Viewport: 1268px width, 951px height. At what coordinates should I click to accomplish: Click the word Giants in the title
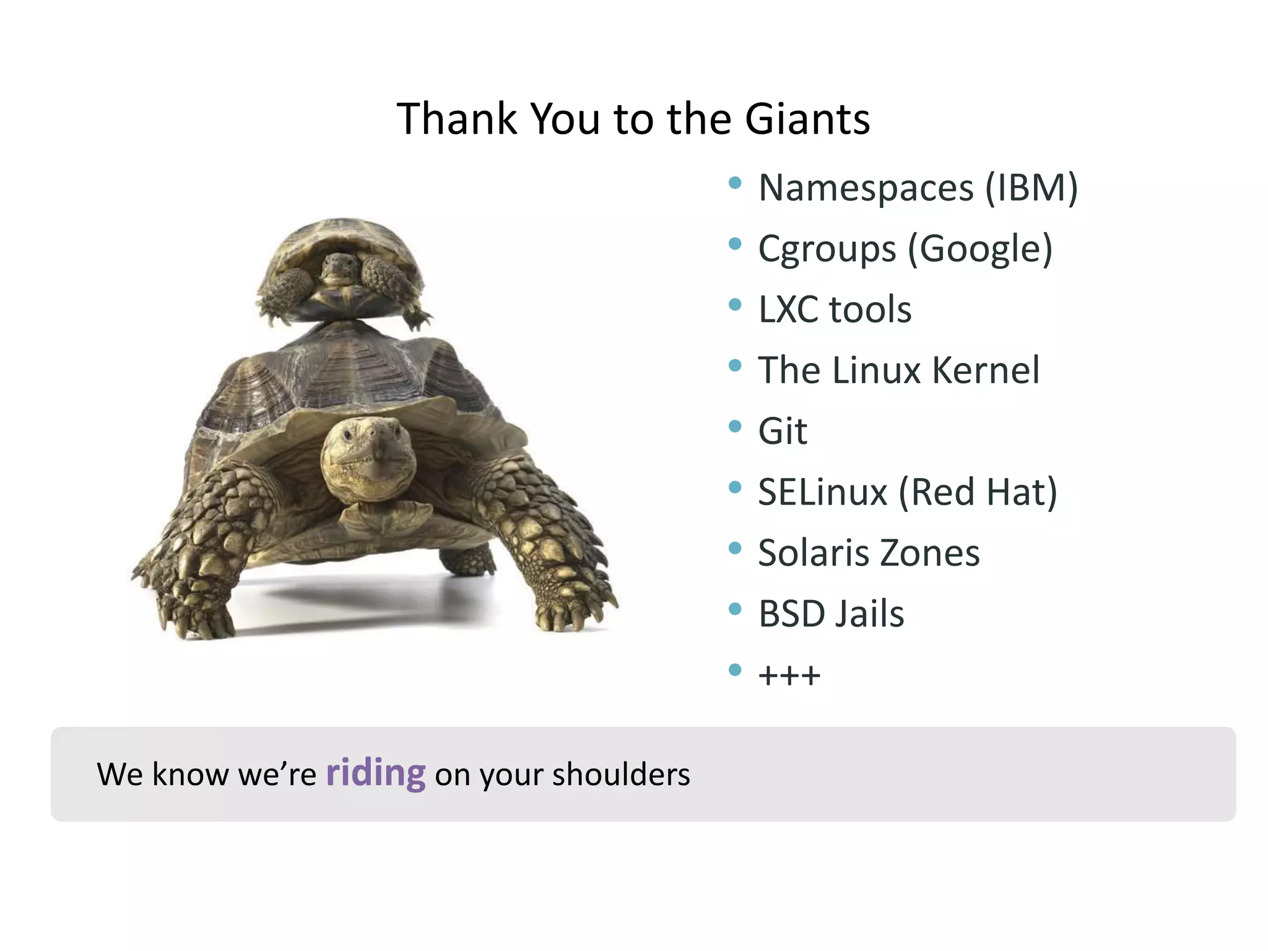point(807,119)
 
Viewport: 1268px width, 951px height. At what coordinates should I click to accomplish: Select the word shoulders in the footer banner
point(621,774)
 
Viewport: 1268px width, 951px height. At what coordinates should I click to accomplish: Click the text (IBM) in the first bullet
point(1031,188)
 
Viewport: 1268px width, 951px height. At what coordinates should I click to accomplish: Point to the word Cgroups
point(827,250)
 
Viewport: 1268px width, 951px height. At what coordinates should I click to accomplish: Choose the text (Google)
point(980,250)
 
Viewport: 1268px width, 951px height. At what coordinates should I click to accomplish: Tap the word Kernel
point(986,370)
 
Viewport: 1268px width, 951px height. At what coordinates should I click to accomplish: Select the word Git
point(783,431)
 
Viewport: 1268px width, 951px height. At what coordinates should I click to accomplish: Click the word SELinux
point(823,492)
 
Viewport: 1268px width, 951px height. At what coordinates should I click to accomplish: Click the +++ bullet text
point(789,675)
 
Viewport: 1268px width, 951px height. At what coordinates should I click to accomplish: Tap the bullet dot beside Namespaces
point(735,183)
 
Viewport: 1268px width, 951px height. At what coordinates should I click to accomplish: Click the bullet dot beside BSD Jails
point(735,609)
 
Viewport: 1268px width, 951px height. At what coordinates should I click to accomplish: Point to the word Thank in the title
point(457,119)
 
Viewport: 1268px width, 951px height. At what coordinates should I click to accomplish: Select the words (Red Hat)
point(978,492)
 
